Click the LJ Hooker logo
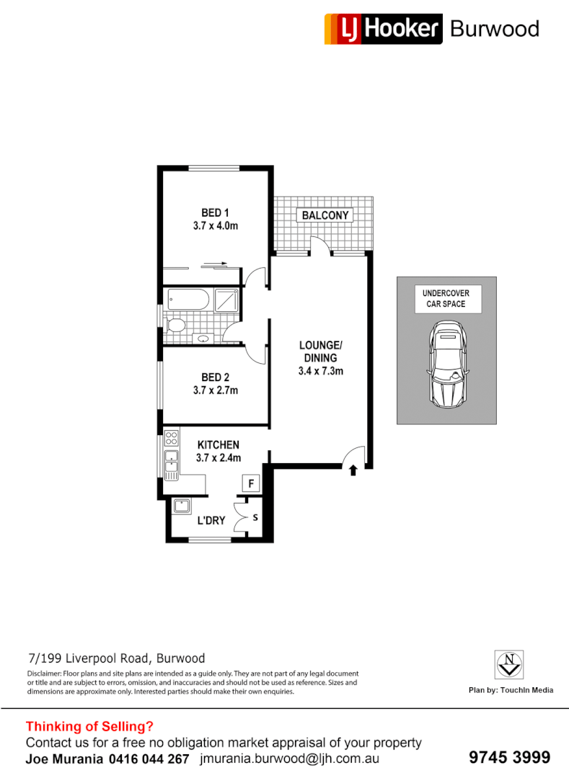click(x=383, y=29)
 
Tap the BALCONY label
click(x=325, y=215)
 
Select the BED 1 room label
click(x=215, y=213)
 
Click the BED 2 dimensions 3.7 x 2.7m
click(x=215, y=390)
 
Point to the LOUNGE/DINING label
click(x=319, y=351)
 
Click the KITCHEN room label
click(x=218, y=444)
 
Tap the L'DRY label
click(x=211, y=520)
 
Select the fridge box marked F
click(x=250, y=483)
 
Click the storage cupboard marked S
click(x=257, y=517)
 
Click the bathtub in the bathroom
click(x=187, y=298)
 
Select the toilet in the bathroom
click(x=175, y=326)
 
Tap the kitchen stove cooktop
click(x=171, y=437)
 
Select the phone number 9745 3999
click(x=509, y=757)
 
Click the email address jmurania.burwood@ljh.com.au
click(x=291, y=759)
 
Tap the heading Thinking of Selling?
click(x=89, y=726)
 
